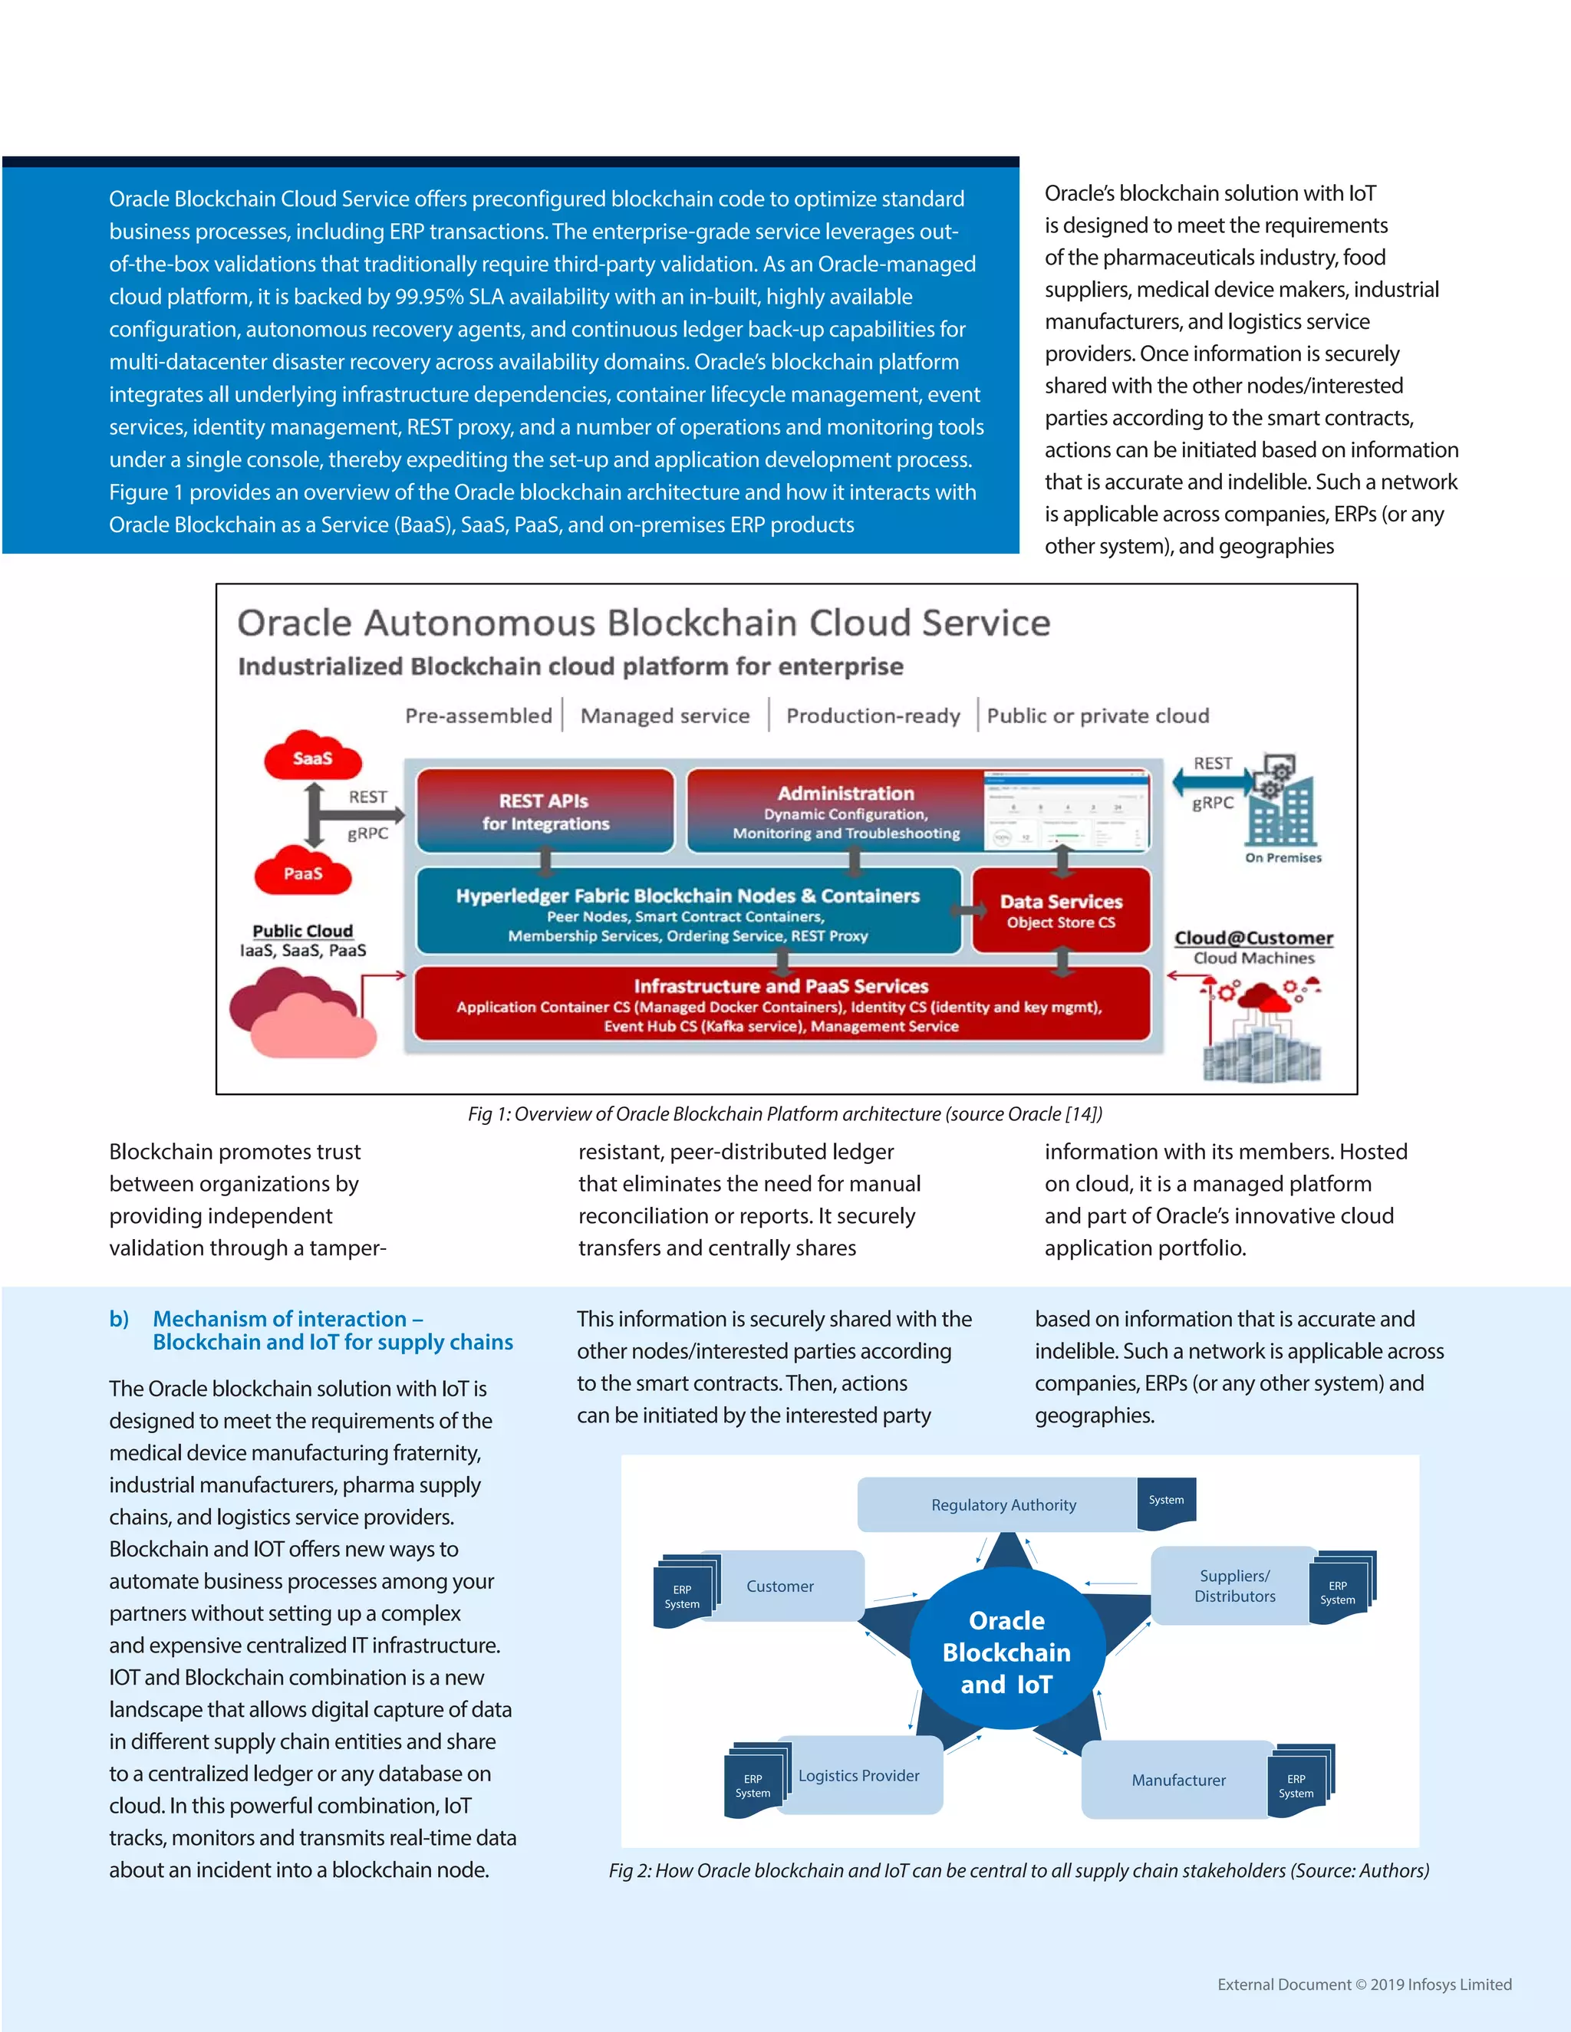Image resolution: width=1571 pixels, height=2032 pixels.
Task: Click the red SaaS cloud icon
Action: pyautogui.click(x=313, y=756)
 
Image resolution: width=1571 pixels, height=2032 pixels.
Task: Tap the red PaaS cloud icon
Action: pyautogui.click(x=304, y=873)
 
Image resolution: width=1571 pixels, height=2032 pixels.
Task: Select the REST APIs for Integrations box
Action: pyautogui.click(x=545, y=811)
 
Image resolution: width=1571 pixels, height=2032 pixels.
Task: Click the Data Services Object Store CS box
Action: pyautogui.click(x=1061, y=911)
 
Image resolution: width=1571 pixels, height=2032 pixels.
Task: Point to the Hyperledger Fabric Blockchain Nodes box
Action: pyautogui.click(x=688, y=912)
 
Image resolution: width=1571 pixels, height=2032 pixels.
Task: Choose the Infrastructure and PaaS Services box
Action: pyautogui.click(x=781, y=1004)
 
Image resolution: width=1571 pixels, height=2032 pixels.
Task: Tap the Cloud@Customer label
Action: pyautogui.click(x=1253, y=938)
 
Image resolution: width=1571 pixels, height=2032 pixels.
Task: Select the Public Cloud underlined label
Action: pyautogui.click(x=302, y=930)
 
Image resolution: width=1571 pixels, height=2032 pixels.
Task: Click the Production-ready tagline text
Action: pyautogui.click(x=872, y=715)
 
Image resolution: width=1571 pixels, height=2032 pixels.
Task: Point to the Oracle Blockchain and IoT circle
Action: pyautogui.click(x=1007, y=1652)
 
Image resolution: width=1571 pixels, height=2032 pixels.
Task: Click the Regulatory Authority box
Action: pyautogui.click(x=1003, y=1504)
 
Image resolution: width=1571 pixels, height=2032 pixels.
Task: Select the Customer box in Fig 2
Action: pyautogui.click(x=780, y=1586)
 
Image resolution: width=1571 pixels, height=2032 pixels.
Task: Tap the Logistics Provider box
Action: pyautogui.click(x=858, y=1775)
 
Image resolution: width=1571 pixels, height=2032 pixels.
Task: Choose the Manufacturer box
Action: pyautogui.click(x=1178, y=1780)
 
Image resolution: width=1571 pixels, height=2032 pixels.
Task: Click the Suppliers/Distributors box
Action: pyautogui.click(x=1234, y=1586)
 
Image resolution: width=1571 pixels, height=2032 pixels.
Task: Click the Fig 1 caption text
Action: pyautogui.click(x=785, y=1113)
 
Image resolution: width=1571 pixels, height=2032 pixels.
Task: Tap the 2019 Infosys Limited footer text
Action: pyautogui.click(x=1365, y=1984)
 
